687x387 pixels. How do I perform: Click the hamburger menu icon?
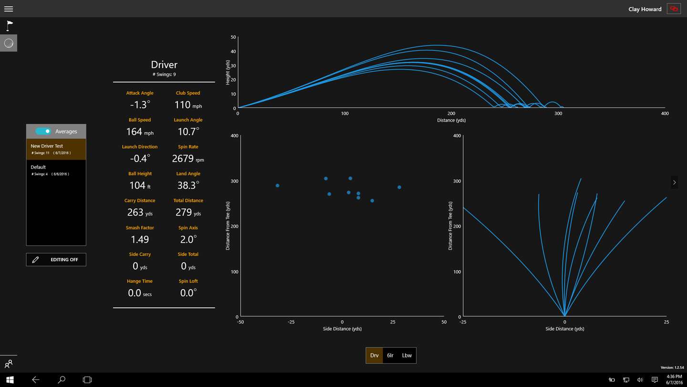[x=8, y=9]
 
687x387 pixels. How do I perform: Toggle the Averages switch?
[x=43, y=131]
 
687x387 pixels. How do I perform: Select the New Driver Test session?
[x=56, y=149]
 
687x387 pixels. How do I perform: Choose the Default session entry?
[x=56, y=170]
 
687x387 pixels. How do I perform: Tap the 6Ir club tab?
[x=390, y=355]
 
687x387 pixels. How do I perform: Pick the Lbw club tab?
[x=407, y=355]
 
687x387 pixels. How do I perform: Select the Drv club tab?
[x=375, y=355]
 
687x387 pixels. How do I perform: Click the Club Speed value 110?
[x=183, y=105]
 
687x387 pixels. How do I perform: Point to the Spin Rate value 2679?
[x=183, y=159]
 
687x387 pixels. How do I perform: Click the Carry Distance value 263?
[x=135, y=212]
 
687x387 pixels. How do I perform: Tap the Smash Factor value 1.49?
[x=140, y=239]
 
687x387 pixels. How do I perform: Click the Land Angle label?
[x=188, y=173]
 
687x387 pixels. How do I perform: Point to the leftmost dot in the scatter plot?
[x=277, y=185]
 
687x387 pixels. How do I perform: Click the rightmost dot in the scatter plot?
[x=399, y=187]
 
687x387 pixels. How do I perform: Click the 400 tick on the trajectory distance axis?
[x=665, y=114]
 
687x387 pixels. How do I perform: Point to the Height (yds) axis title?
[x=228, y=72]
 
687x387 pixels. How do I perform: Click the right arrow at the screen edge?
[x=674, y=182]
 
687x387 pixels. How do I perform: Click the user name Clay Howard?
[x=645, y=9]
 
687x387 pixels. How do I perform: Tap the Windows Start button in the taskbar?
[x=10, y=380]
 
